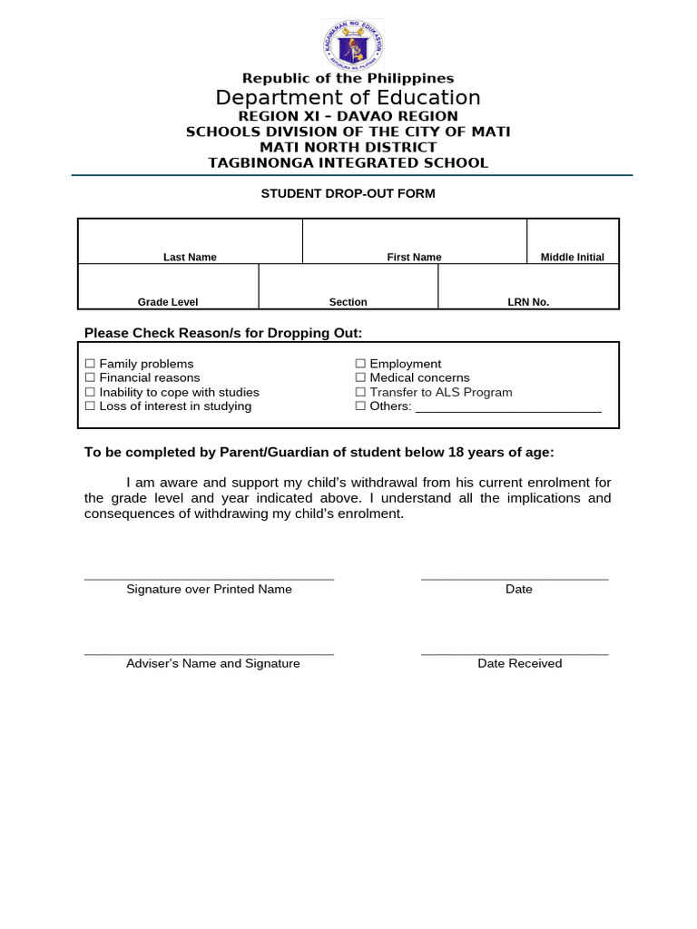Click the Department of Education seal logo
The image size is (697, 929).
tap(352, 44)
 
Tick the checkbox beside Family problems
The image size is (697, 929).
tap(90, 364)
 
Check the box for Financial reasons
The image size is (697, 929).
tap(90, 377)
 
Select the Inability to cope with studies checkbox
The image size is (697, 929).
tap(90, 392)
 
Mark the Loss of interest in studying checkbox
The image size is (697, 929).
tap(90, 406)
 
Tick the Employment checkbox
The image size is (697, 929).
tap(360, 364)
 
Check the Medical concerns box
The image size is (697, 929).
tap(360, 377)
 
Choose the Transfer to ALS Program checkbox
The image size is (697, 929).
tap(360, 392)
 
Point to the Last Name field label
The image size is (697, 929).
tap(190, 258)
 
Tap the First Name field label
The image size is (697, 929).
tap(414, 258)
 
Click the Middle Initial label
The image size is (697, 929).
tap(573, 258)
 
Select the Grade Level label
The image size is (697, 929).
tap(168, 302)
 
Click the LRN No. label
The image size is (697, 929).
tap(528, 302)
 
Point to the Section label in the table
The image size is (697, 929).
tap(348, 302)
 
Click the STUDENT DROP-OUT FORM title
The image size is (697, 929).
tap(348, 193)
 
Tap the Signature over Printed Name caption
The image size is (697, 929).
tap(209, 590)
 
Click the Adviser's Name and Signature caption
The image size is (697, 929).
tap(212, 664)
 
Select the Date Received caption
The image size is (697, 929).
tap(520, 664)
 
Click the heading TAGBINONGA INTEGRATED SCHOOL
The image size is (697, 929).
tap(348, 163)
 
